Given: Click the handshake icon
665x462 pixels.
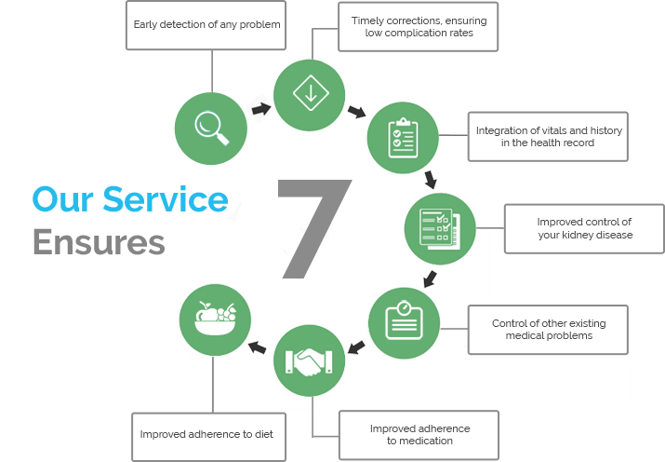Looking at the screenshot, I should pyautogui.click(x=310, y=360).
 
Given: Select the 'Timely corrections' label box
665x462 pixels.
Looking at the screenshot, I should pyautogui.click(x=419, y=27).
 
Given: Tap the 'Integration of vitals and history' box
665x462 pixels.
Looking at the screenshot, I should pyautogui.click(x=549, y=136).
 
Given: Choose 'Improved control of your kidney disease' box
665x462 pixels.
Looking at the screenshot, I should pyautogui.click(x=584, y=228).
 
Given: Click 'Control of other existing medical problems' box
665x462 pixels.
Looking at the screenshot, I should pyautogui.click(x=549, y=329).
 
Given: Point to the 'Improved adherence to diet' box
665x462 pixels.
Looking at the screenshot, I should pyautogui.click(x=212, y=435).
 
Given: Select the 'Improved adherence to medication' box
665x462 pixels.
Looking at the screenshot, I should pyautogui.click(x=419, y=434).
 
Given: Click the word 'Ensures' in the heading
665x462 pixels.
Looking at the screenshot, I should pyautogui.click(x=99, y=241).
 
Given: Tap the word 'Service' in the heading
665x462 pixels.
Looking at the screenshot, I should pyautogui.click(x=165, y=199).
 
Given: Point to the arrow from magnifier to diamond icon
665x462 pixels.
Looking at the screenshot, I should pyautogui.click(x=261, y=109).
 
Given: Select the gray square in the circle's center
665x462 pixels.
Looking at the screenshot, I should pyautogui.click(x=315, y=228).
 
